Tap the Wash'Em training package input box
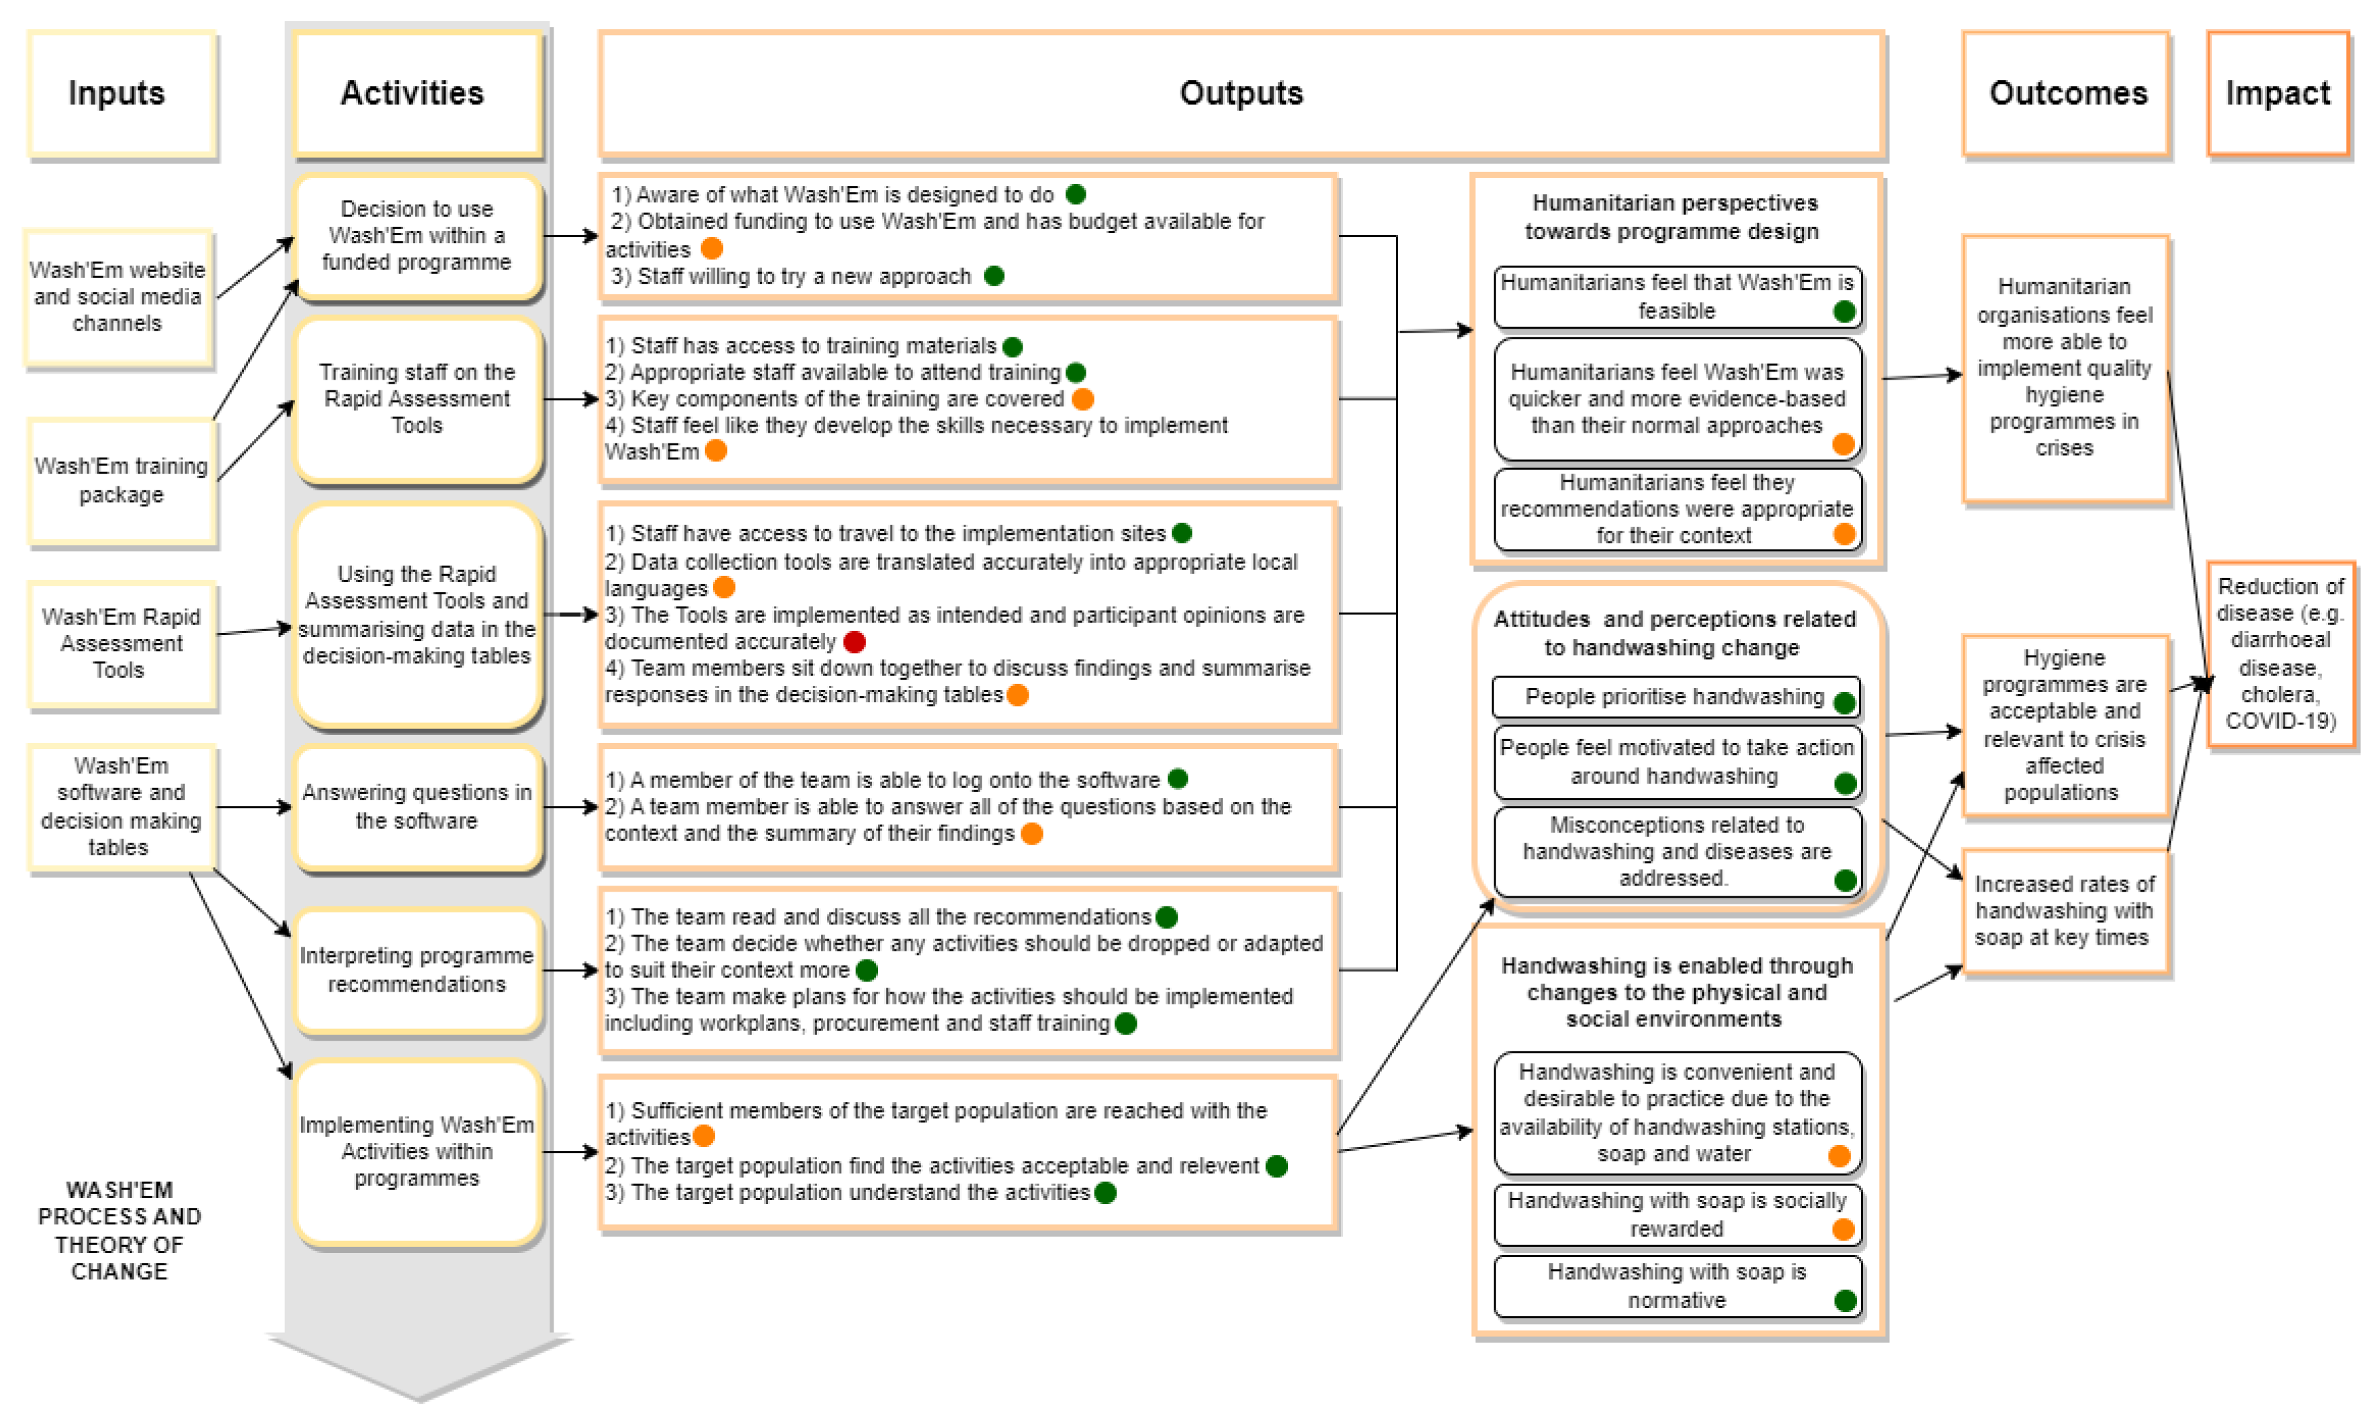(x=122, y=480)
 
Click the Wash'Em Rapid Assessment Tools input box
(x=122, y=644)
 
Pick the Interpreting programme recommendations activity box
(x=417, y=970)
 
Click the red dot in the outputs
(x=855, y=642)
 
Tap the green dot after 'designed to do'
(x=1076, y=194)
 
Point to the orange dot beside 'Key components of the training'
(x=1083, y=398)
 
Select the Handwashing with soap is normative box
(x=1677, y=1286)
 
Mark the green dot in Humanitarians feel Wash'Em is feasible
(x=1844, y=311)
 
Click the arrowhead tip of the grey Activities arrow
(x=419, y=1400)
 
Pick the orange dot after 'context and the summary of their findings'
(x=1032, y=834)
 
